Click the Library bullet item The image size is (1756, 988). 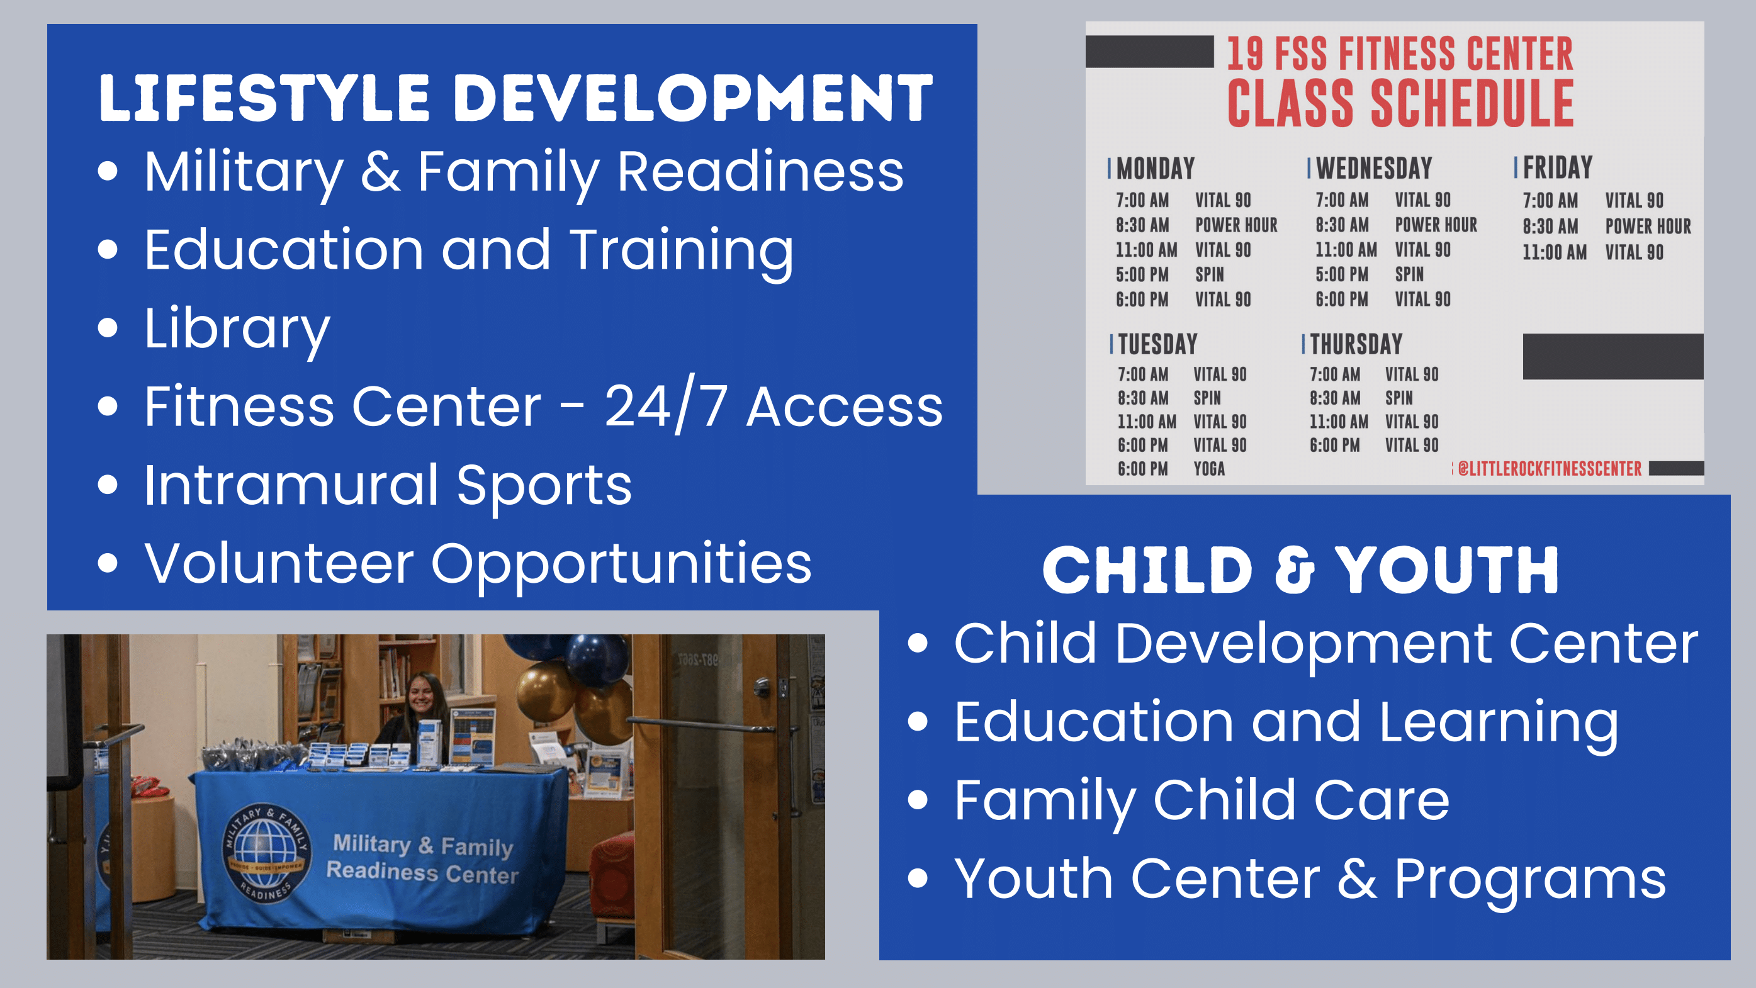coord(237,329)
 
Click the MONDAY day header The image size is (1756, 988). coord(1156,168)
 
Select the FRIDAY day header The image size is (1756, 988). coord(1558,167)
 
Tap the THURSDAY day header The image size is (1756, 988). coord(1356,344)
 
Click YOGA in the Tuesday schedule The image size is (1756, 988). coord(1208,469)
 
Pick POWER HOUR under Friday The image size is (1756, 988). coord(1648,226)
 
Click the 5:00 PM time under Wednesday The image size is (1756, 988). coord(1341,274)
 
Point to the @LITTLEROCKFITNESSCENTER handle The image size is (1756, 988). coord(1550,469)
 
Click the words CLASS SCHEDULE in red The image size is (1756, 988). coord(1400,104)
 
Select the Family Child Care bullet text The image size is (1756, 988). coord(1201,800)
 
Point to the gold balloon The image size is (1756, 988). coord(544,690)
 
